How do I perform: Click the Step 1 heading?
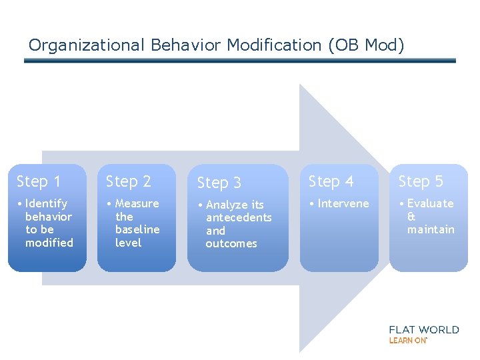[x=39, y=181]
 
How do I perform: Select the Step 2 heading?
[x=129, y=181]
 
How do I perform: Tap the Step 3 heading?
[x=219, y=183]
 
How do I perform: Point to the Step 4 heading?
[x=331, y=181]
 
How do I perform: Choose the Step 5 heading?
[x=421, y=181]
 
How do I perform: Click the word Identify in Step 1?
[x=46, y=203]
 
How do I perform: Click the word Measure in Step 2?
[x=137, y=203]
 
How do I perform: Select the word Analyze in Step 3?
[x=227, y=205]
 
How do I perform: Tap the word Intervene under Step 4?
[x=343, y=203]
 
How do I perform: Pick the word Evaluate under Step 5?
[x=430, y=203]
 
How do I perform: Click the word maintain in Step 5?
[x=431, y=229]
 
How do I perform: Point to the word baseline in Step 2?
[x=137, y=229]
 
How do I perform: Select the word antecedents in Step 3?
[x=239, y=217]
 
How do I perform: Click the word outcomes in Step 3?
[x=231, y=243]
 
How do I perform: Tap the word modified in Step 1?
[x=49, y=243]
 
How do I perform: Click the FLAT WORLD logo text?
[x=424, y=329]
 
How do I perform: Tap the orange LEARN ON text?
[x=407, y=341]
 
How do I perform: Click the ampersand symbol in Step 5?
[x=411, y=217]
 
